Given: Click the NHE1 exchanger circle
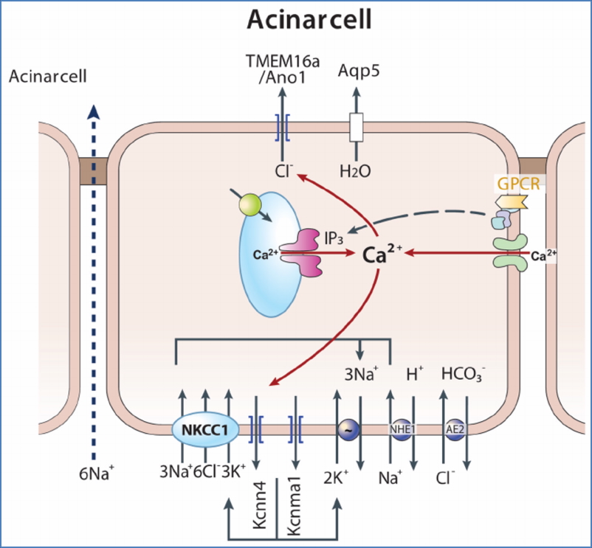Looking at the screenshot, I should click(x=399, y=428).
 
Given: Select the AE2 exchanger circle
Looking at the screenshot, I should click(x=452, y=428).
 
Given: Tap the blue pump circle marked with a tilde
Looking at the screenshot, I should click(x=347, y=428).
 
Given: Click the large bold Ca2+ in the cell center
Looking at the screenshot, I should click(x=382, y=254).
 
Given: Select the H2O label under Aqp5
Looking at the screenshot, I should click(x=355, y=171).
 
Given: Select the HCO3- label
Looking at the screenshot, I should click(x=463, y=374).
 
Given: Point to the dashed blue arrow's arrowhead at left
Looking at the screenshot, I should click(x=92, y=111).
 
